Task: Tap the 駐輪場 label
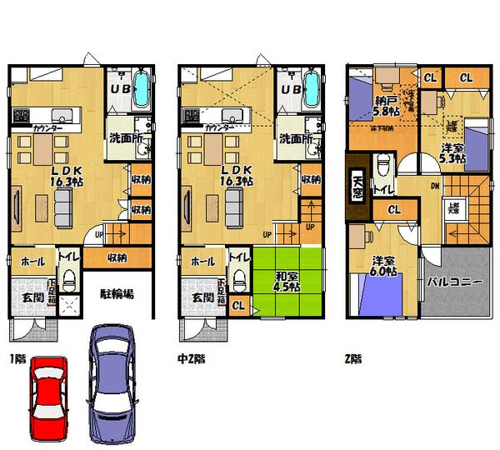(x=117, y=294)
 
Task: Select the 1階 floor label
(x=19, y=359)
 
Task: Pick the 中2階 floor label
(x=192, y=359)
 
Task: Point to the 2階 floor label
(x=352, y=359)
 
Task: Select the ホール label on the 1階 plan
(x=31, y=261)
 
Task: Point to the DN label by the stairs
(x=436, y=188)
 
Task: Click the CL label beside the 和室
(x=238, y=306)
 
